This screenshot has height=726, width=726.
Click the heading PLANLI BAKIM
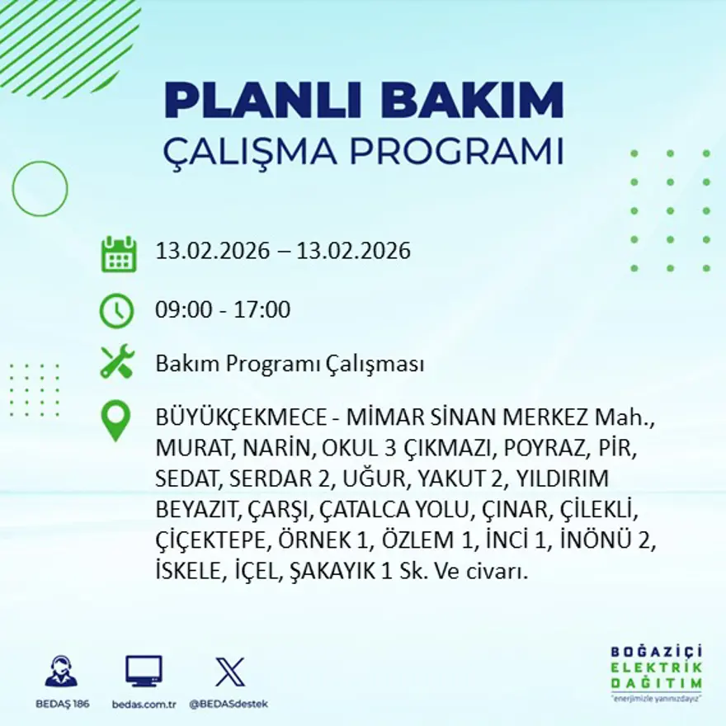363,101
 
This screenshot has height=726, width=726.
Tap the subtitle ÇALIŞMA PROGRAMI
363,152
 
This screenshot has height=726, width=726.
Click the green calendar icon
118,254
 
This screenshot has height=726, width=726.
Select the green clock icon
117,311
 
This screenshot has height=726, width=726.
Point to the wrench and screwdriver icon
117,363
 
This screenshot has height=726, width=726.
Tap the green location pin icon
115,421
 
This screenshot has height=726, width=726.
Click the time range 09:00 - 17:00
223,310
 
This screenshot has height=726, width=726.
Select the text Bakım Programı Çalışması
290,364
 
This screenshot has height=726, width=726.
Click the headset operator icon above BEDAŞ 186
61,672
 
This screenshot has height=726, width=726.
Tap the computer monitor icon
144,672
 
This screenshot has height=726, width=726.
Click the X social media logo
229,672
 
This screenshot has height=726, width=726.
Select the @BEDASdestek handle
229,704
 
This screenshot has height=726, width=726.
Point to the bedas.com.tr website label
144,704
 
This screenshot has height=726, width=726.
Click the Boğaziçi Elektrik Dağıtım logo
657,672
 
